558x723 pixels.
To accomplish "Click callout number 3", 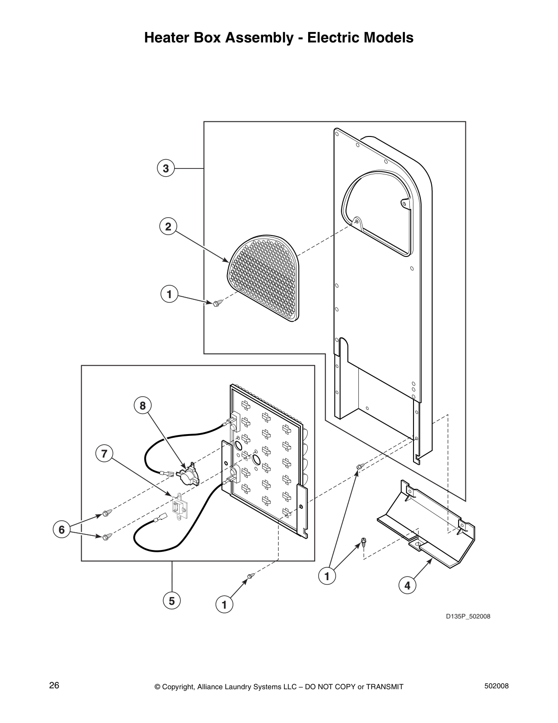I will (x=166, y=168).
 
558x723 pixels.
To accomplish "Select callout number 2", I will (x=168, y=226).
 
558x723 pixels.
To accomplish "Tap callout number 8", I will (x=143, y=405).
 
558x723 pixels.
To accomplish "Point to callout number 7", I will (x=104, y=454).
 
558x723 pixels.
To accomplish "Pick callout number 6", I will (x=62, y=530).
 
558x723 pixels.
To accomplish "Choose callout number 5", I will (x=172, y=601).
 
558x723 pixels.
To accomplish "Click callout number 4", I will (x=407, y=586).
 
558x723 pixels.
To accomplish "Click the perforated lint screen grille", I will (x=264, y=278).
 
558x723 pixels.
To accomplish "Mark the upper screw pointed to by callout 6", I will (x=107, y=513).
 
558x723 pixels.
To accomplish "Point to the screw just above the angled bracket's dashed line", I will (x=364, y=542).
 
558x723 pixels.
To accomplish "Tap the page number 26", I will (x=54, y=686).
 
